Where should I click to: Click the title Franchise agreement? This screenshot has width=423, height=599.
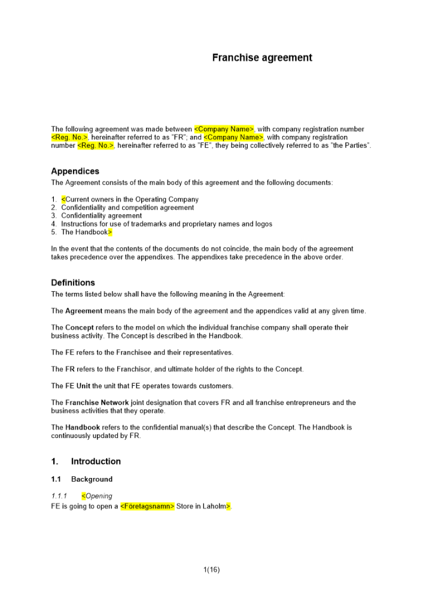tap(262, 58)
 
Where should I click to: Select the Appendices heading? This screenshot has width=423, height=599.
tap(75, 171)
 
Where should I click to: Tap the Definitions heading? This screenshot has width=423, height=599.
tap(73, 283)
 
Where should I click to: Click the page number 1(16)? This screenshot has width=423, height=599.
tap(211, 570)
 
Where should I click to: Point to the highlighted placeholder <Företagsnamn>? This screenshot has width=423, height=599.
tap(147, 506)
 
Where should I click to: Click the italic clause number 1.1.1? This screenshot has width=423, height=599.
tap(59, 496)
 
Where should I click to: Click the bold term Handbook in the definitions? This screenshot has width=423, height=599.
tap(83, 428)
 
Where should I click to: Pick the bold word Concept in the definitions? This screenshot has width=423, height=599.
tap(80, 328)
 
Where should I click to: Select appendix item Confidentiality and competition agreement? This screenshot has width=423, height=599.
tap(127, 208)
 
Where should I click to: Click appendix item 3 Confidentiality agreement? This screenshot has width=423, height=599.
tap(101, 216)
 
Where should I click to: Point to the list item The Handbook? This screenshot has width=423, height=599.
tap(84, 232)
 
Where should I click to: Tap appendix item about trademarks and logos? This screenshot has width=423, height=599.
tap(166, 224)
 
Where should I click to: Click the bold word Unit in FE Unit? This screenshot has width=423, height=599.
tap(83, 386)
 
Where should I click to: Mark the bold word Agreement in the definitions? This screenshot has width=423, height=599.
tap(84, 311)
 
